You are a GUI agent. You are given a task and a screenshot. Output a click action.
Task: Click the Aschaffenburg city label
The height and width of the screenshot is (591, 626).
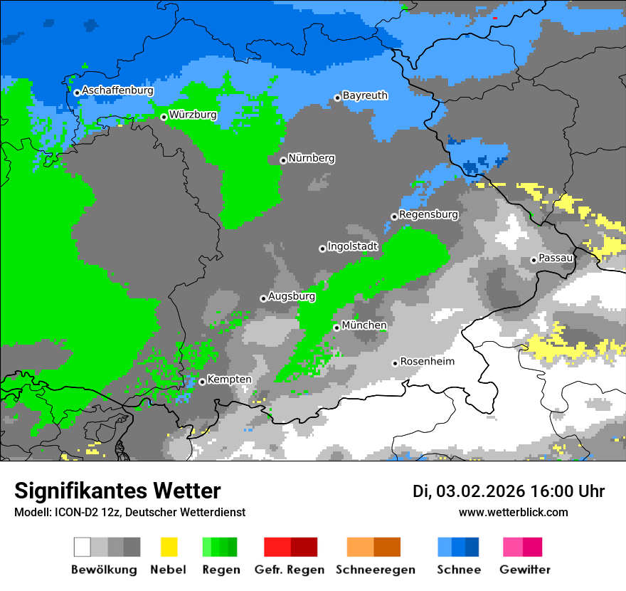click(117, 90)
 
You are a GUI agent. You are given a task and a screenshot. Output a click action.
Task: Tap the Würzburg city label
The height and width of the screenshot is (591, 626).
click(193, 115)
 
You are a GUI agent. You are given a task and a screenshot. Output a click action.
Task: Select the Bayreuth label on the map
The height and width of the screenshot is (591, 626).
click(365, 95)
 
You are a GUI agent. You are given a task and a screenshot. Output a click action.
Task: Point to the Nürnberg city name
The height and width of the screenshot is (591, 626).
click(312, 158)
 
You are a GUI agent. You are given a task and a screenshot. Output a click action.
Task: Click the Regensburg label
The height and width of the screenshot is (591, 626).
click(428, 214)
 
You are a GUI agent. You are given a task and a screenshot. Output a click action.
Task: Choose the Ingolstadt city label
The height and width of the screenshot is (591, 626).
click(353, 246)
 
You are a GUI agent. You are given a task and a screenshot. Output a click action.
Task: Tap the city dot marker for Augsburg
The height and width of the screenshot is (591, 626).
click(263, 298)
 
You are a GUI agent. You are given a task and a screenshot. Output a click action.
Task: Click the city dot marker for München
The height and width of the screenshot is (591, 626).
click(336, 328)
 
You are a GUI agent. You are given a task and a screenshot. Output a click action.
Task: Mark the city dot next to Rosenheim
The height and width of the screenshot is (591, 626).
click(395, 363)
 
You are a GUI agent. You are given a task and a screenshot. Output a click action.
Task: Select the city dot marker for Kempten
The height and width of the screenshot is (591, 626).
click(202, 382)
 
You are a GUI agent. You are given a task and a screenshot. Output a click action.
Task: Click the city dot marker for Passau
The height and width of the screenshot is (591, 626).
click(534, 260)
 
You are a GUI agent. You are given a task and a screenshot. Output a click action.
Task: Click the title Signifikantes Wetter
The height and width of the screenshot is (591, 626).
click(117, 491)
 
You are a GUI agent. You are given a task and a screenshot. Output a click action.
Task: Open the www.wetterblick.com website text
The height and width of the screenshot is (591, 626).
click(513, 512)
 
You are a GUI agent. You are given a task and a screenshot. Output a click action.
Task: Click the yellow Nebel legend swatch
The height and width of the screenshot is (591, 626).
click(169, 547)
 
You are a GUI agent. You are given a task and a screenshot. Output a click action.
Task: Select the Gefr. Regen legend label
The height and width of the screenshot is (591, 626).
click(290, 570)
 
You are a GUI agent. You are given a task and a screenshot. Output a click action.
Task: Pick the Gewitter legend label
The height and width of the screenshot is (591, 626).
click(524, 570)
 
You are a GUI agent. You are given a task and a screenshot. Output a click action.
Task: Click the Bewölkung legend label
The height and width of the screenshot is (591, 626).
click(104, 570)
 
